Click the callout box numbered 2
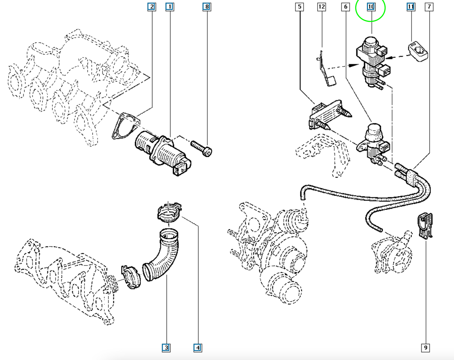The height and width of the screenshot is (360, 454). pos(152,7)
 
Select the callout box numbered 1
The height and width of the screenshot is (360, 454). pos(170,7)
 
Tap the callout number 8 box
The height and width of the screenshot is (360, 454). pos(207,7)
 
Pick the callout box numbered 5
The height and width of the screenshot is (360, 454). pos(299,7)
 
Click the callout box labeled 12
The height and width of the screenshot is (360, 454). pos(321,7)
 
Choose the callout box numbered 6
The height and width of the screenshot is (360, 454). pos(346,7)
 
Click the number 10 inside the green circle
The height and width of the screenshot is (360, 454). pos(371,7)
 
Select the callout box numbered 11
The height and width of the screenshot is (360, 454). pos(411,7)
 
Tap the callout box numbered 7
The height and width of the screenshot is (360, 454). pos(429,7)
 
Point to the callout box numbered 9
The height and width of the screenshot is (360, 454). pos(425,348)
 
